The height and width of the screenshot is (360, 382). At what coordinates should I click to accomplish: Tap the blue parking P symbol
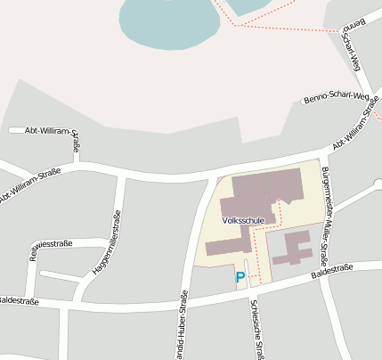pyautogui.click(x=240, y=278)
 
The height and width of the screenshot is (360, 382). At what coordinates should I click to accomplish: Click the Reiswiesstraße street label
pyautogui.click(x=50, y=242)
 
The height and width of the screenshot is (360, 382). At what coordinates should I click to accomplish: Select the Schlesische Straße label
pyautogui.click(x=256, y=329)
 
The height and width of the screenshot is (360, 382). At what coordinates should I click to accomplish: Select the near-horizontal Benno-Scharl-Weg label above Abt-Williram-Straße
pyautogui.click(x=336, y=96)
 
